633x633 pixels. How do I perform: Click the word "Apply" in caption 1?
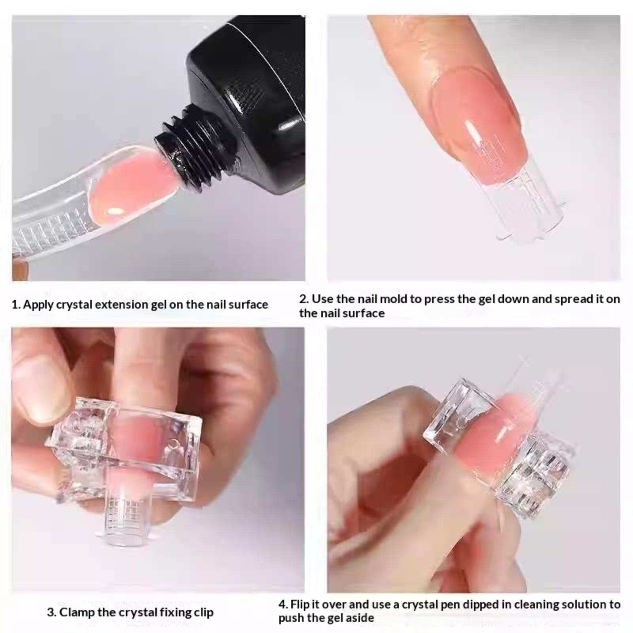click(x=38, y=305)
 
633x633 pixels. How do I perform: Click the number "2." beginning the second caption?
click(x=304, y=299)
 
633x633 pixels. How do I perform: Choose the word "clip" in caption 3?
click(x=204, y=612)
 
